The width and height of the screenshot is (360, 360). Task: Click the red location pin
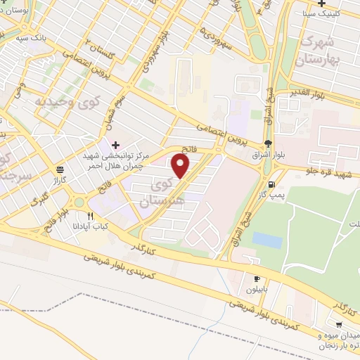pos(181,167)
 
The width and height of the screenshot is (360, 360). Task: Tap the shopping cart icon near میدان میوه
pos(341,325)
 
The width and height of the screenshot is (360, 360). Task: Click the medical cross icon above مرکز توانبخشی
pos(116,144)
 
